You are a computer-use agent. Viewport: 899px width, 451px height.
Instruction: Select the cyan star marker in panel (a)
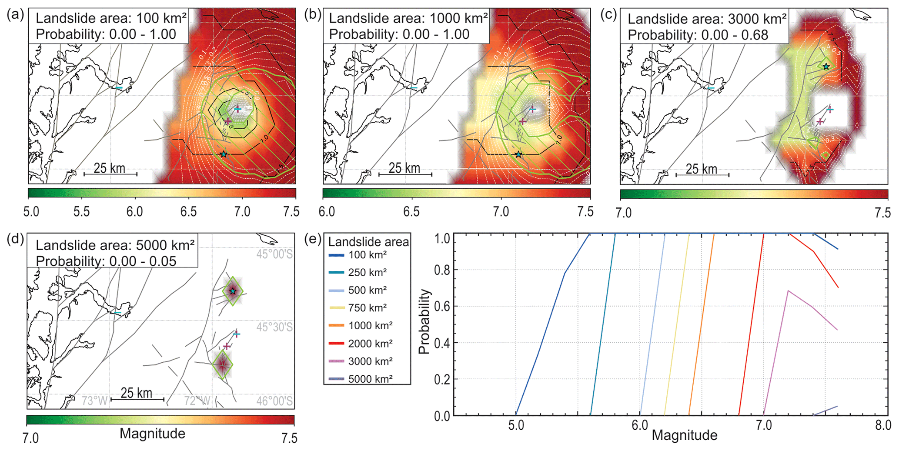pyautogui.click(x=224, y=154)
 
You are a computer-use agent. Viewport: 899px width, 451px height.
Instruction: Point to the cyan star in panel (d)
pyautogui.click(x=233, y=291)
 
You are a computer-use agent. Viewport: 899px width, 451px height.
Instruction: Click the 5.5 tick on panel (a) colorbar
pyautogui.click(x=81, y=212)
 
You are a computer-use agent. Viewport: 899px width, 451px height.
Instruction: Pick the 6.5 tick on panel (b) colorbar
pyautogui.click(x=411, y=212)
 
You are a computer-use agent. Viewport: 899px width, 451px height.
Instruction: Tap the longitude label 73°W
pyautogui.click(x=94, y=401)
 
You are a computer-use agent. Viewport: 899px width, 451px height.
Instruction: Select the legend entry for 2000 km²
pyautogui.click(x=370, y=344)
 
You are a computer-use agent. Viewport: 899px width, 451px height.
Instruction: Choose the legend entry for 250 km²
pyautogui.click(x=367, y=273)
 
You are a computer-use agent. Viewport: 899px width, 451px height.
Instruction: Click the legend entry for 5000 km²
pyautogui.click(x=370, y=379)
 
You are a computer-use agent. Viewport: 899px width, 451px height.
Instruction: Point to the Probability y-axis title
pyautogui.click(x=424, y=322)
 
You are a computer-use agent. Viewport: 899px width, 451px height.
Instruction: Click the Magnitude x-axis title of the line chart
pyautogui.click(x=684, y=435)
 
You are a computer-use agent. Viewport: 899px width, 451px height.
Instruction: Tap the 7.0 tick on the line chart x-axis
pyautogui.click(x=763, y=425)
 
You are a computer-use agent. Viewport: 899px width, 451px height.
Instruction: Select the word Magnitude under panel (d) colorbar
pyautogui.click(x=152, y=434)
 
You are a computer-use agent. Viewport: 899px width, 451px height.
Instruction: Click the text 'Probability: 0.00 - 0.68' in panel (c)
pyautogui.click(x=698, y=35)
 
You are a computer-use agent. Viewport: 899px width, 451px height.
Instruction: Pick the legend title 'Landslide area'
pyautogui.click(x=368, y=242)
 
